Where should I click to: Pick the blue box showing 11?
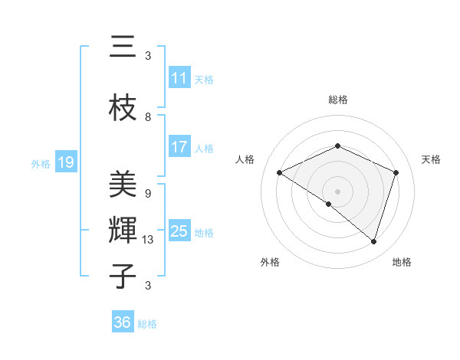(179, 78)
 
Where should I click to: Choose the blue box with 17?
(179, 147)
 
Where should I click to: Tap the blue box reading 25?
(179, 231)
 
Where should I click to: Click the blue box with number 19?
(66, 162)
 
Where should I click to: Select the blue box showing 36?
(123, 322)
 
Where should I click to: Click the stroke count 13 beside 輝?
(148, 240)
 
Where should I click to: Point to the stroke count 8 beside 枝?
(148, 117)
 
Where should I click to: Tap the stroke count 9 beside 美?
(148, 194)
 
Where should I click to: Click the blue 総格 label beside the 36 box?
(147, 324)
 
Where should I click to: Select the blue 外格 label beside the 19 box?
(41, 163)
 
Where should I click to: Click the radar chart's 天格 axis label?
(432, 159)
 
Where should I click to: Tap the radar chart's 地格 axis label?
(402, 262)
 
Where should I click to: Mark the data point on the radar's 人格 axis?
(280, 173)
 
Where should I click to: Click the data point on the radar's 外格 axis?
(328, 204)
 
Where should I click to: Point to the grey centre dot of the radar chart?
(337, 191)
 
